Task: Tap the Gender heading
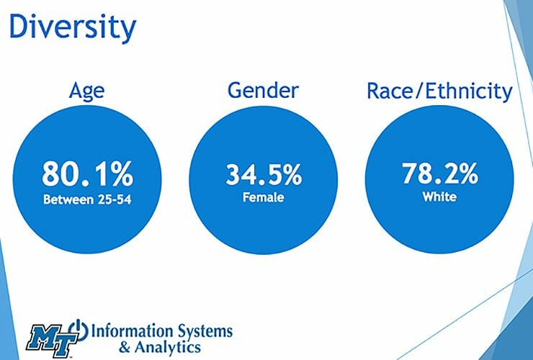click(x=263, y=91)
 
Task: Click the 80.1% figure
click(x=87, y=174)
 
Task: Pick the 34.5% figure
click(x=263, y=175)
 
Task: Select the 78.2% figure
click(x=439, y=175)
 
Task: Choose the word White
click(x=439, y=195)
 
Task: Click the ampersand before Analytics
click(x=123, y=347)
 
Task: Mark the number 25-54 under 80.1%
click(x=112, y=198)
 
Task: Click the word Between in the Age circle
click(x=69, y=198)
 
